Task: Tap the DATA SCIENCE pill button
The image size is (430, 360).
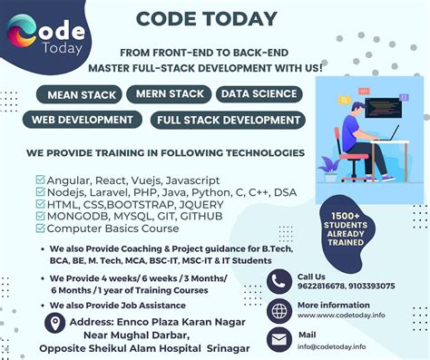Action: tap(259, 94)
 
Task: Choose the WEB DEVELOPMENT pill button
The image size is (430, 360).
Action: tap(83, 119)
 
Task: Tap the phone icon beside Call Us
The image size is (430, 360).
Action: tap(279, 281)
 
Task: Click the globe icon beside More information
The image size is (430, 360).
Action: tap(279, 310)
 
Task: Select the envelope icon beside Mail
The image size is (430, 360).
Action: tap(279, 339)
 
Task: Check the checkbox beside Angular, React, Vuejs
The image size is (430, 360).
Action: tap(40, 180)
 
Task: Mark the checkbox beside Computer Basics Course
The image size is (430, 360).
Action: tap(40, 230)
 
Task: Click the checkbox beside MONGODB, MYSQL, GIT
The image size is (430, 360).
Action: tap(40, 218)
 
